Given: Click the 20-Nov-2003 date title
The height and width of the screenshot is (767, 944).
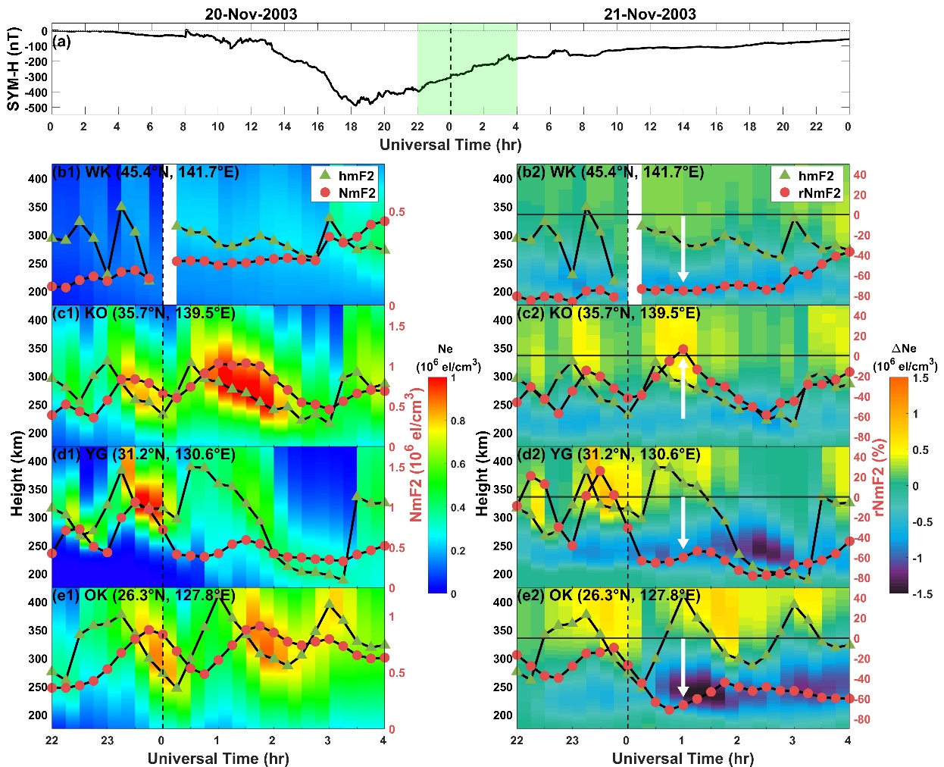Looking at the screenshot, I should (251, 14).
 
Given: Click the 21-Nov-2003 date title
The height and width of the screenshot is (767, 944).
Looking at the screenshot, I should (649, 14).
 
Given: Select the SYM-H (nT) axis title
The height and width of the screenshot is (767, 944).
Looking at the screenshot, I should (14, 69).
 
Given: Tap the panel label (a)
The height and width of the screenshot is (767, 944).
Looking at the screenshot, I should (61, 41).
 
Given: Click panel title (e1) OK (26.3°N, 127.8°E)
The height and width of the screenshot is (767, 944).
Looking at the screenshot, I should (144, 596).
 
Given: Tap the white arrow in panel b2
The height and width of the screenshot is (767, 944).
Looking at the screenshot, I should (683, 249).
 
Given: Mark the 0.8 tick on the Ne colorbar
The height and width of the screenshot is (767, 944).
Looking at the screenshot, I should (458, 421).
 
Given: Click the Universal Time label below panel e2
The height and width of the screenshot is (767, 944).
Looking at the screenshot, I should (682, 758).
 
